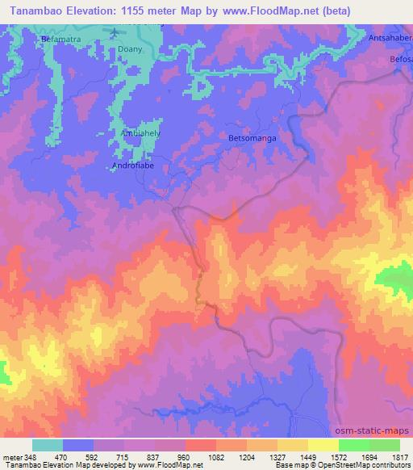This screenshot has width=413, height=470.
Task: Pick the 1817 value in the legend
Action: (x=400, y=456)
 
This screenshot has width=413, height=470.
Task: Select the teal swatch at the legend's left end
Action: (x=48, y=445)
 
